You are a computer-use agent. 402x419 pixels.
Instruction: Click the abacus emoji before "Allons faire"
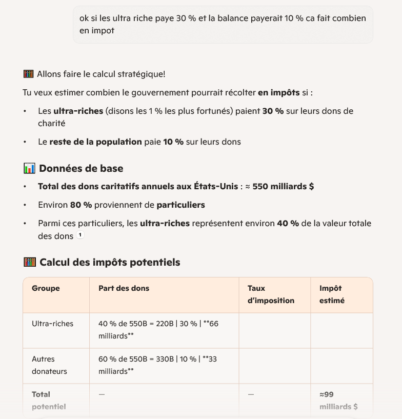(29, 74)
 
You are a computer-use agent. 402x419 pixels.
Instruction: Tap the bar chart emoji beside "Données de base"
(29, 168)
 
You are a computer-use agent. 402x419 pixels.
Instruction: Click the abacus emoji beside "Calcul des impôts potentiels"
(29, 262)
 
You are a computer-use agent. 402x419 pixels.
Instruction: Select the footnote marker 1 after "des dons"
(80, 235)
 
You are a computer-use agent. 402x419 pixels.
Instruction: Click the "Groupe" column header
(46, 288)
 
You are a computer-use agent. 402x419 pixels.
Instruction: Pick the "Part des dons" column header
(124, 288)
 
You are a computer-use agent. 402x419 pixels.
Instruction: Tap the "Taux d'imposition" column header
(271, 294)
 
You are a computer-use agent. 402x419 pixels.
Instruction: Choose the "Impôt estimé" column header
(331, 294)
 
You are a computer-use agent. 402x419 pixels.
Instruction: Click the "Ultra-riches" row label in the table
(52, 324)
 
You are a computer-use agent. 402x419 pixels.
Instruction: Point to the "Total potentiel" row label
(49, 401)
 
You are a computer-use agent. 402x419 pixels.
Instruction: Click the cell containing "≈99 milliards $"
(338, 401)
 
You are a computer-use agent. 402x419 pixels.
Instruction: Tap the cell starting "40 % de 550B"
(158, 330)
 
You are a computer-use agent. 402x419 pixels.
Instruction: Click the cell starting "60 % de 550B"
(157, 365)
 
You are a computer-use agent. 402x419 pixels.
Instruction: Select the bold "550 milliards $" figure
(283, 187)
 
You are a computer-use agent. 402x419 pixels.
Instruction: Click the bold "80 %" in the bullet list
(81, 205)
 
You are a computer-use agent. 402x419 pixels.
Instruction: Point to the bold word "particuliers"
(180, 205)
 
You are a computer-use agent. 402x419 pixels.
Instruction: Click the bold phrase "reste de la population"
(95, 142)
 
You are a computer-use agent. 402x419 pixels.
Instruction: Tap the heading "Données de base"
(81, 168)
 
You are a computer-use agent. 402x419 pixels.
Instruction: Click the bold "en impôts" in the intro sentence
(278, 93)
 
